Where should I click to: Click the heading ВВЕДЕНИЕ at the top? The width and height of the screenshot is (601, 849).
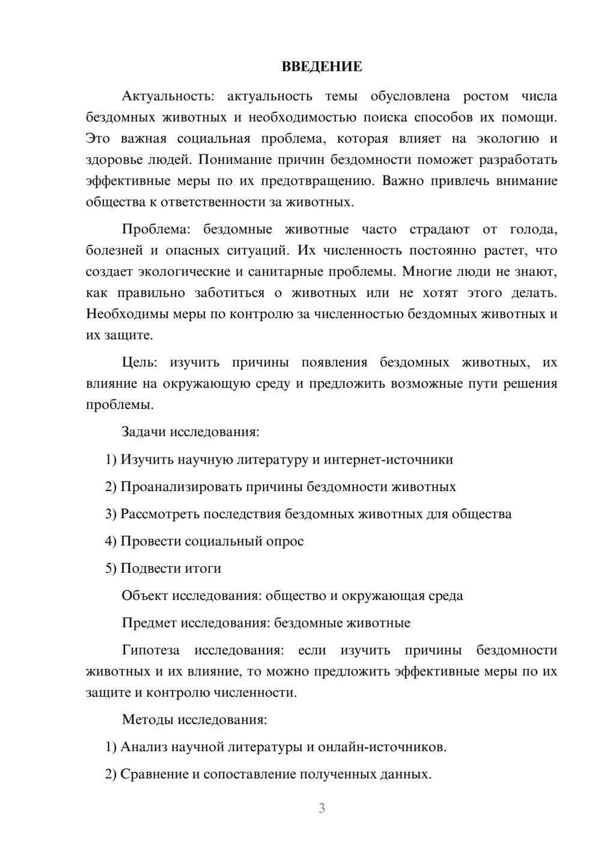click(x=322, y=67)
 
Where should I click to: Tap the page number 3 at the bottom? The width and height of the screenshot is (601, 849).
click(x=322, y=808)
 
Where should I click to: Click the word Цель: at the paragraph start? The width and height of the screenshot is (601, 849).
click(x=139, y=362)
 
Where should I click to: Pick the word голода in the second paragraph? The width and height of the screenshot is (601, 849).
click(x=532, y=229)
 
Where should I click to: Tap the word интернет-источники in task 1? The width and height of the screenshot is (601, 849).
click(x=388, y=460)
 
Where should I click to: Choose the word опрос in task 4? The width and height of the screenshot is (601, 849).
click(x=284, y=542)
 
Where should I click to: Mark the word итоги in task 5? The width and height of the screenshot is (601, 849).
click(x=203, y=569)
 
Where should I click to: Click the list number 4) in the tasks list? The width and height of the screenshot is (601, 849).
click(x=111, y=542)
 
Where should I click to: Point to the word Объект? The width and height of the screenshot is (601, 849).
click(x=145, y=596)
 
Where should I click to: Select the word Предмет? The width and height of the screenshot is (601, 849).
click(x=149, y=623)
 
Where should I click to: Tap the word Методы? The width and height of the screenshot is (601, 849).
click(x=148, y=720)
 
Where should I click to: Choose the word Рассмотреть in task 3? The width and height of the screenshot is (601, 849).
click(x=160, y=515)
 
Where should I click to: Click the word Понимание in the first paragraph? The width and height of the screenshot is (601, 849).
click(x=231, y=160)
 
